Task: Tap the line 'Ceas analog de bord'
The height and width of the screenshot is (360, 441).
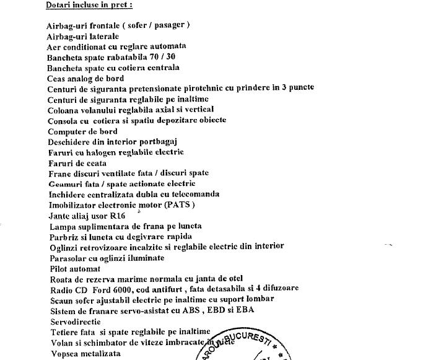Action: (x=85, y=78)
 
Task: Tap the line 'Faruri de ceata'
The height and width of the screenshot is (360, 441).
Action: (x=77, y=162)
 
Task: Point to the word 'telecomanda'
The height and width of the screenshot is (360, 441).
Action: (x=193, y=194)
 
